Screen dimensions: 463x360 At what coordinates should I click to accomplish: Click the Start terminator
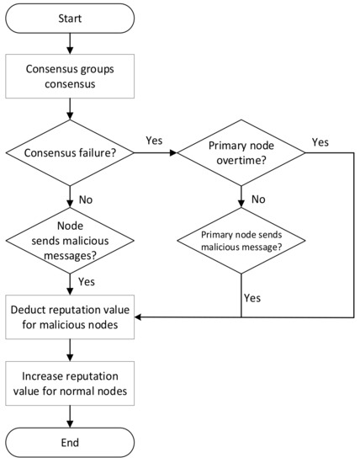click(69, 19)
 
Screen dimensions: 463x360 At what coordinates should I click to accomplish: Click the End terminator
click(69, 442)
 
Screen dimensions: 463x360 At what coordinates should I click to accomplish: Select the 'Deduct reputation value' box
click(69, 317)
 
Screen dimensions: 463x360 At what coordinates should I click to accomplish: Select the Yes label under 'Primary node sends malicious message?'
click(252, 297)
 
